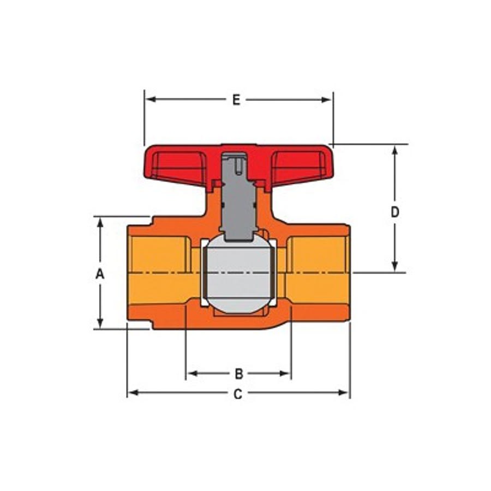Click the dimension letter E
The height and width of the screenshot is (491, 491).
236,100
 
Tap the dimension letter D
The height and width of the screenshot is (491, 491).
395,212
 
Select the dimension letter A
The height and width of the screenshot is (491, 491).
100,274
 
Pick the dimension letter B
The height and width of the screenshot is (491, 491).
239,374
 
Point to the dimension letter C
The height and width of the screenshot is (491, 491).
238,394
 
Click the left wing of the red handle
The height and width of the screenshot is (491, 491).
179,166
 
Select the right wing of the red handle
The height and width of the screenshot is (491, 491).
299,166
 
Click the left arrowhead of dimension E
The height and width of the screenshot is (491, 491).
151,100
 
